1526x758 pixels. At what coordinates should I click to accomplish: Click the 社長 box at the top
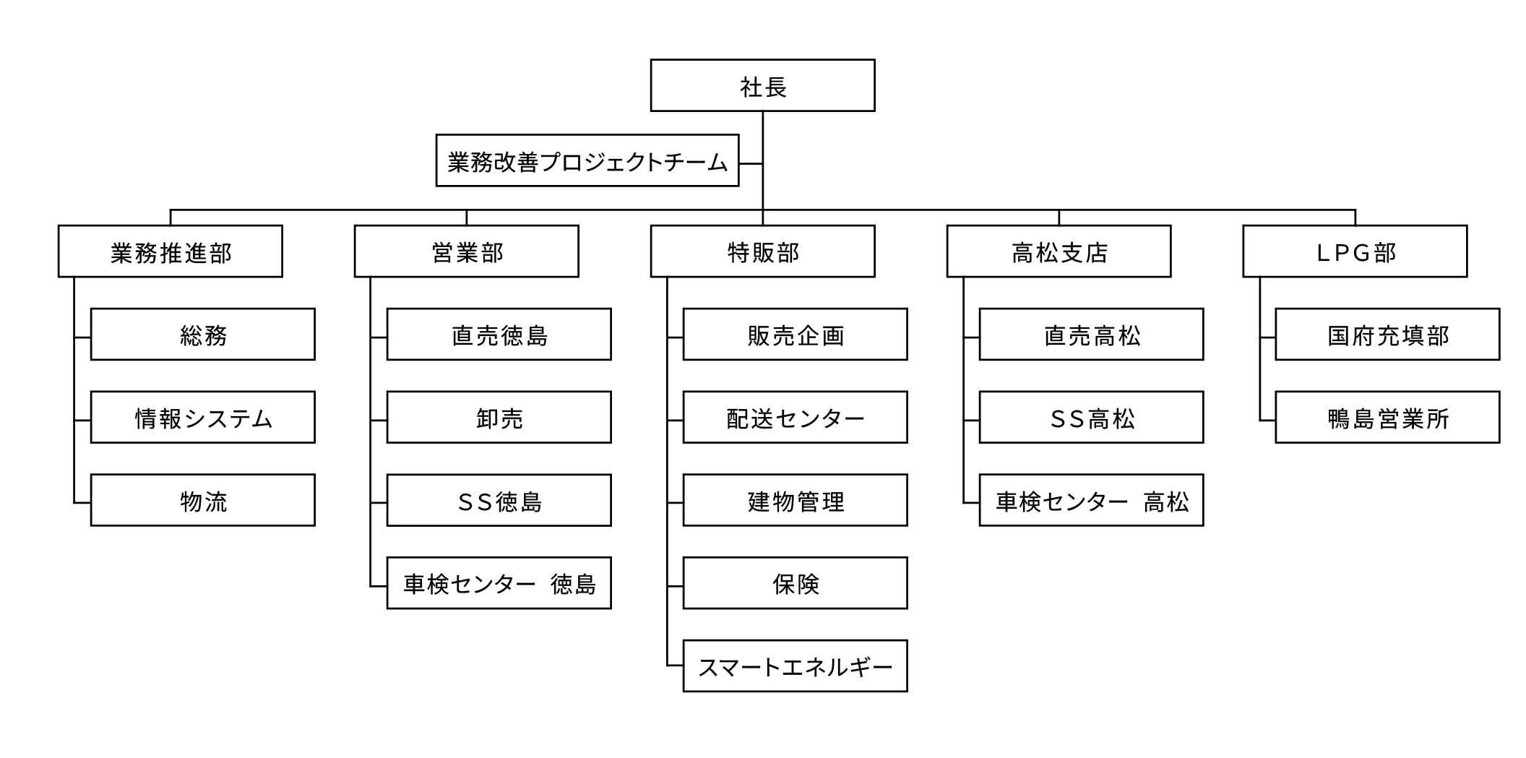[762, 85]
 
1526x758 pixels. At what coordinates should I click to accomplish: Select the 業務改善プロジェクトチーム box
[587, 160]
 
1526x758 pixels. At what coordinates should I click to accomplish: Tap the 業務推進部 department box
[171, 251]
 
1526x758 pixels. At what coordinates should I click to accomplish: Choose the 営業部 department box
[467, 251]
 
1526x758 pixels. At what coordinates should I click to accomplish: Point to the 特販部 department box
[762, 251]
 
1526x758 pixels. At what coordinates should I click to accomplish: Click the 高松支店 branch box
[1059, 251]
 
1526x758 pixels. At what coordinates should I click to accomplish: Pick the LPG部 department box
[1355, 251]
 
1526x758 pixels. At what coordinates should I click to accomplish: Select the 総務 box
[203, 335]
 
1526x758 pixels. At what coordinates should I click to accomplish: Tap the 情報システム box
[203, 417]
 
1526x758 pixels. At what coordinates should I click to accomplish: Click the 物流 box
[203, 500]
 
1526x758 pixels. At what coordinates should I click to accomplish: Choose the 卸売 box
[499, 417]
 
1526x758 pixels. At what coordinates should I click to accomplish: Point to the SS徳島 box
[499, 500]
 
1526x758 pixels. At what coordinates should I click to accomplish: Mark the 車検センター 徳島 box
[499, 583]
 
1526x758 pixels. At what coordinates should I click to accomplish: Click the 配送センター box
[796, 417]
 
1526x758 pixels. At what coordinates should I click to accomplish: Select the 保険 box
[796, 583]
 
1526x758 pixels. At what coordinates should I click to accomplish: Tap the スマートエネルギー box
[796, 666]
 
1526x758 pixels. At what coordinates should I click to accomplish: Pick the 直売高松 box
[1092, 335]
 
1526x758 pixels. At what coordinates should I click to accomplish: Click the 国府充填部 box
[1387, 335]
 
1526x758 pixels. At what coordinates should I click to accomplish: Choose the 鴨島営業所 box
[1387, 417]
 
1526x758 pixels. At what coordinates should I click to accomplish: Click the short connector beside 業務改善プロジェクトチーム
[751, 163]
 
